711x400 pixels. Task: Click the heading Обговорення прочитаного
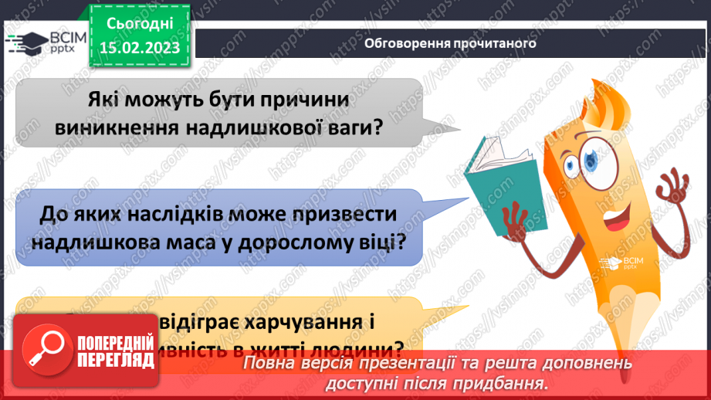[450, 43]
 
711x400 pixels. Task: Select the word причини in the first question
[308, 100]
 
